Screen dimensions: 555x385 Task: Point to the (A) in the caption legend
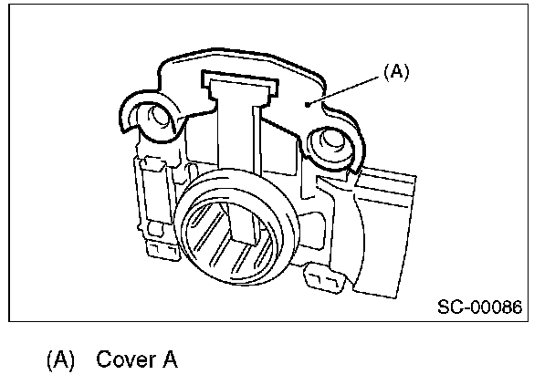pyautogui.click(x=61, y=359)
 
